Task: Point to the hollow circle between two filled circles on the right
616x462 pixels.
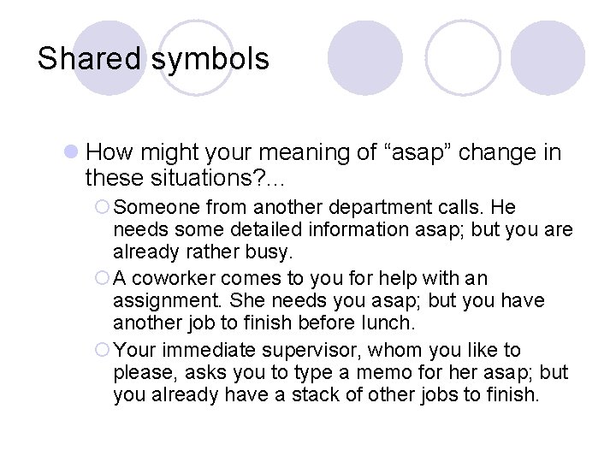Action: [x=461, y=57]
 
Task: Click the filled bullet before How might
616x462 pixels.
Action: [x=72, y=153]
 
